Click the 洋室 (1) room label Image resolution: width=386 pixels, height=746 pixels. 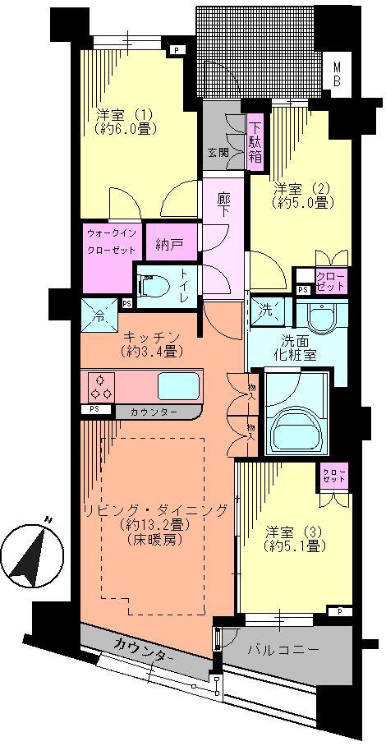coord(123,122)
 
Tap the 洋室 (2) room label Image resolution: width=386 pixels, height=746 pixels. coord(301,195)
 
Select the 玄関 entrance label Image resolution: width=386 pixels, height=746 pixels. coord(218,152)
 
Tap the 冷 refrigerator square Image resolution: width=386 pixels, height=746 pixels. coord(99,315)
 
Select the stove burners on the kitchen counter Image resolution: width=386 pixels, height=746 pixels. coord(101,385)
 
